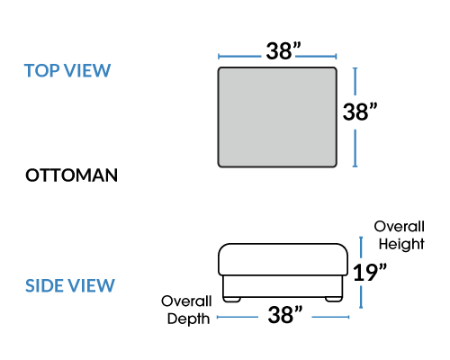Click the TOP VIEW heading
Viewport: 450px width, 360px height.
[x=67, y=71]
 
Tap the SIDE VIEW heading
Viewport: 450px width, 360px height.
[x=70, y=285]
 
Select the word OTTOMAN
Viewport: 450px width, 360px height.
[x=71, y=175]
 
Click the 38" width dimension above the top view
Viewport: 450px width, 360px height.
[x=283, y=50]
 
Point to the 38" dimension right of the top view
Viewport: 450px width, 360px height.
[x=360, y=112]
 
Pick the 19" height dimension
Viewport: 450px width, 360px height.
[x=370, y=273]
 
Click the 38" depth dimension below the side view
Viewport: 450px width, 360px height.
[x=285, y=315]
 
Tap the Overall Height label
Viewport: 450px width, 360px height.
[x=400, y=236]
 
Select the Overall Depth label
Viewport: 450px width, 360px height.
[x=186, y=310]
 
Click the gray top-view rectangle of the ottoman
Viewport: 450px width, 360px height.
[x=277, y=117]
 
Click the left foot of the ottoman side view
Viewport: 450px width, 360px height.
[x=232, y=299]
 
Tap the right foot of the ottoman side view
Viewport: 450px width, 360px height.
[x=334, y=299]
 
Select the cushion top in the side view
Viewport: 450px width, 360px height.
[x=283, y=259]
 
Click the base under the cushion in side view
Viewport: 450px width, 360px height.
[x=283, y=286]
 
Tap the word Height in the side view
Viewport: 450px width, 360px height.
[x=401, y=244]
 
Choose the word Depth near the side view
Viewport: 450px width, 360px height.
[x=188, y=319]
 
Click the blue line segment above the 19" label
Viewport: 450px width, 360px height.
[x=361, y=249]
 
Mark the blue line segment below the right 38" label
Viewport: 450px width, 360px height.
[x=355, y=148]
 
